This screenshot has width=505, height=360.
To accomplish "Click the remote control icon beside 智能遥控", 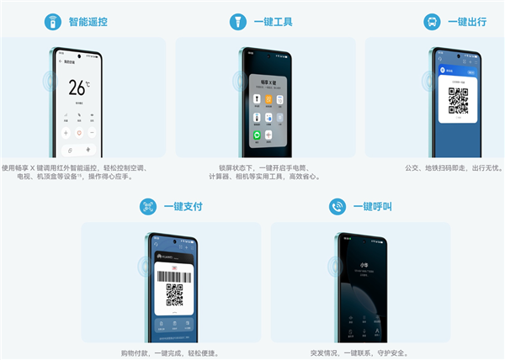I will click(53, 22).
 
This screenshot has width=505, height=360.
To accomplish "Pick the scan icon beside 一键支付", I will click(148, 207).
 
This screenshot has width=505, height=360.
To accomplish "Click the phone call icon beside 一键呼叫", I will click(338, 207).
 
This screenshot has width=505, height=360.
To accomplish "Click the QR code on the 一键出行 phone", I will click(458, 100).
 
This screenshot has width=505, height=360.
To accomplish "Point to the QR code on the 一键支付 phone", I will click(174, 295).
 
